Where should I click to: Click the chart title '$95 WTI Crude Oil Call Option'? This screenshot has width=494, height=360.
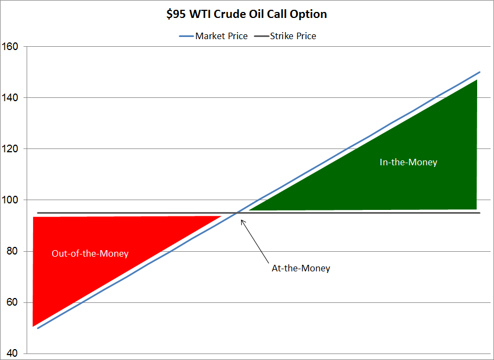click(x=247, y=14)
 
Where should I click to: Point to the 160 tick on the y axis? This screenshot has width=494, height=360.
click(x=10, y=47)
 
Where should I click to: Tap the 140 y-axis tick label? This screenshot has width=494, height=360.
click(x=10, y=98)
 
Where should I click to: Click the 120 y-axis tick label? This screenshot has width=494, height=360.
click(x=10, y=149)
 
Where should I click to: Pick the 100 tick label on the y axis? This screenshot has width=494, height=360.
click(x=10, y=200)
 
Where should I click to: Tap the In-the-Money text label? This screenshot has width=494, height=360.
click(x=408, y=162)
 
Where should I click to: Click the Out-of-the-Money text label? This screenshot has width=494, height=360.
click(x=90, y=253)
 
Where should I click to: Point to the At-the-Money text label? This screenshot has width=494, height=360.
click(x=301, y=268)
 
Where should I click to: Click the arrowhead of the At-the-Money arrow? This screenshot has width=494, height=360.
click(x=242, y=220)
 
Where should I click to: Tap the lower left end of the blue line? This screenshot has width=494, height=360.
click(x=37, y=328)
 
